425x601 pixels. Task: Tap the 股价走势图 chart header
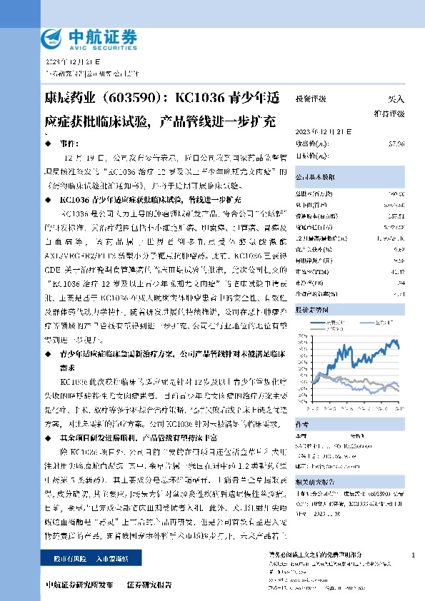pyautogui.click(x=311, y=310)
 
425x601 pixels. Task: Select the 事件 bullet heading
pyautogui.click(x=66, y=143)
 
